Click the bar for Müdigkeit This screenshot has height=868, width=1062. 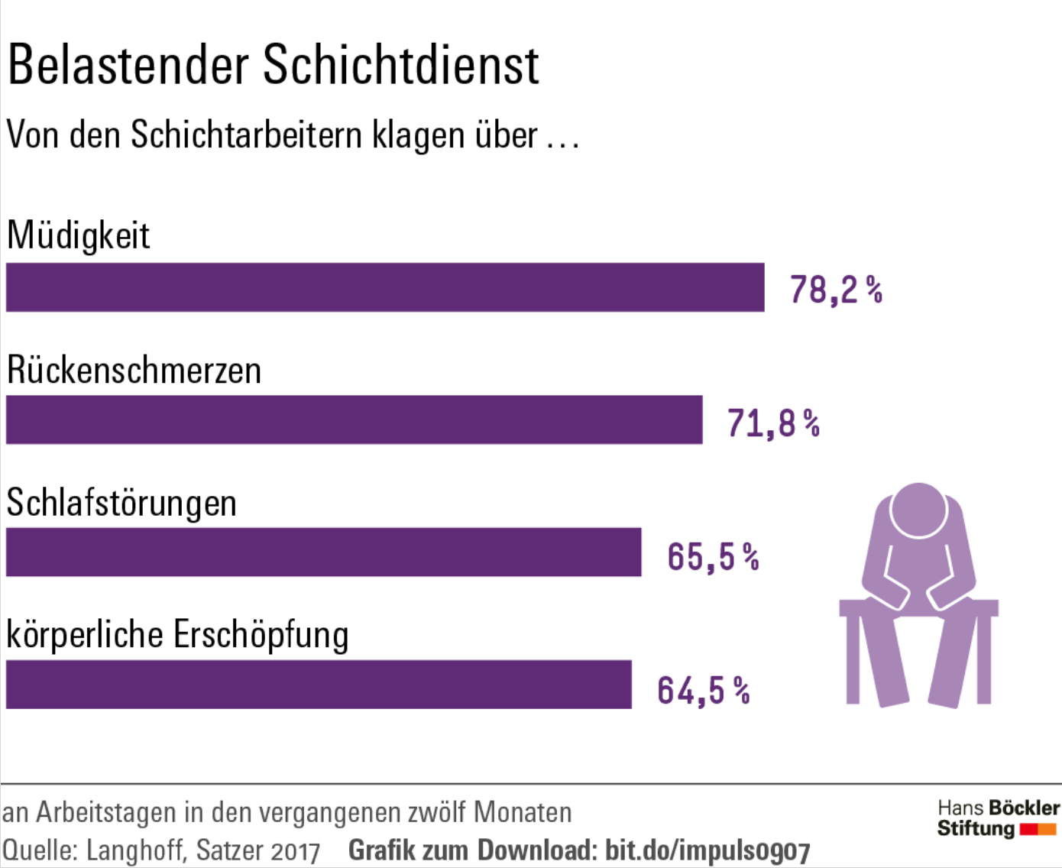pyautogui.click(x=385, y=287)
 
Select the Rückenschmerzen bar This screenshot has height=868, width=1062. pyautogui.click(x=354, y=419)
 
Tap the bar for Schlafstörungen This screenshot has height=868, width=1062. pyautogui.click(x=323, y=552)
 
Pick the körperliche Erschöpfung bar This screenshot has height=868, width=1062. pyautogui.click(x=319, y=684)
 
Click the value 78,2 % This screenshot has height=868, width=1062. pyautogui.click(x=836, y=290)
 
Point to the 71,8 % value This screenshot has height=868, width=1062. pyautogui.click(x=773, y=423)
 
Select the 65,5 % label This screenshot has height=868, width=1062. pyautogui.click(x=713, y=556)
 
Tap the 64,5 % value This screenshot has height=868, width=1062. pyautogui.click(x=703, y=690)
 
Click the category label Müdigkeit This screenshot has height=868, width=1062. pyautogui.click(x=78, y=235)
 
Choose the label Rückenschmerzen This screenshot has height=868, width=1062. pyautogui.click(x=134, y=371)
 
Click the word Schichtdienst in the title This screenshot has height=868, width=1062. pyautogui.click(x=401, y=65)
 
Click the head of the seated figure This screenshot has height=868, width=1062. pyautogui.click(x=918, y=510)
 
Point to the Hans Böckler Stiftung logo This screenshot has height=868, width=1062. pyautogui.click(x=997, y=818)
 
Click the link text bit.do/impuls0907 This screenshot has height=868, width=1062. pyautogui.click(x=707, y=850)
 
